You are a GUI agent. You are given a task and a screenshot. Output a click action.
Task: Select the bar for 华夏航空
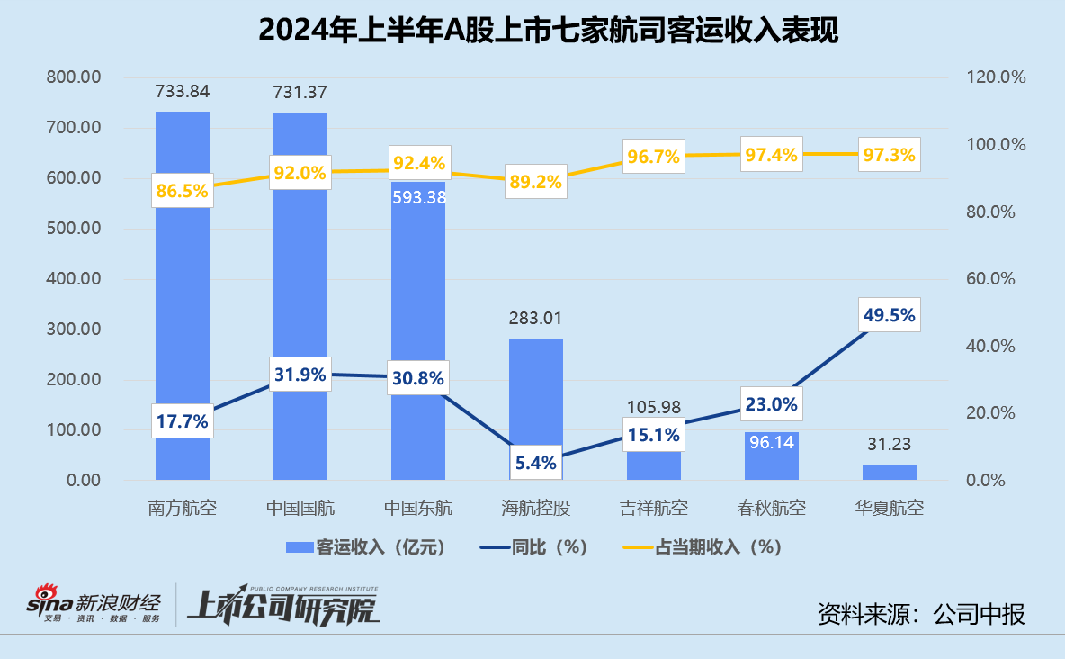tap(890, 472)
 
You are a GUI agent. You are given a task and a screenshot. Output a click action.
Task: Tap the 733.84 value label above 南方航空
tap(183, 92)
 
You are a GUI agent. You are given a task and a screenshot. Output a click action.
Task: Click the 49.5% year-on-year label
tap(890, 315)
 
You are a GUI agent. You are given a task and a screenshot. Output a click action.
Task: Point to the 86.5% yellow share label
tap(183, 191)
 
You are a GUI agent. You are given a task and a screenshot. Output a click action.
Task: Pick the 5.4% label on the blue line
tap(536, 464)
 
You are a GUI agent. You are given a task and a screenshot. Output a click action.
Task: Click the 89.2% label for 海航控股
tap(536, 182)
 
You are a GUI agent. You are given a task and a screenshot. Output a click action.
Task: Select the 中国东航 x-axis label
tap(418, 508)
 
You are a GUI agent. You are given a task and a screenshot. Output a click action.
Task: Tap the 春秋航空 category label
tap(772, 508)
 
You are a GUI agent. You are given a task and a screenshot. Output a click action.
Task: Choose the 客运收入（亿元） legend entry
tap(366, 546)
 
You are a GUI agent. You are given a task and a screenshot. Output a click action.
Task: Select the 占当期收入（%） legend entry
tap(703, 546)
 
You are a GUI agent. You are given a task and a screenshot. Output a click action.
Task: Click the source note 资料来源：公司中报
tap(921, 614)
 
